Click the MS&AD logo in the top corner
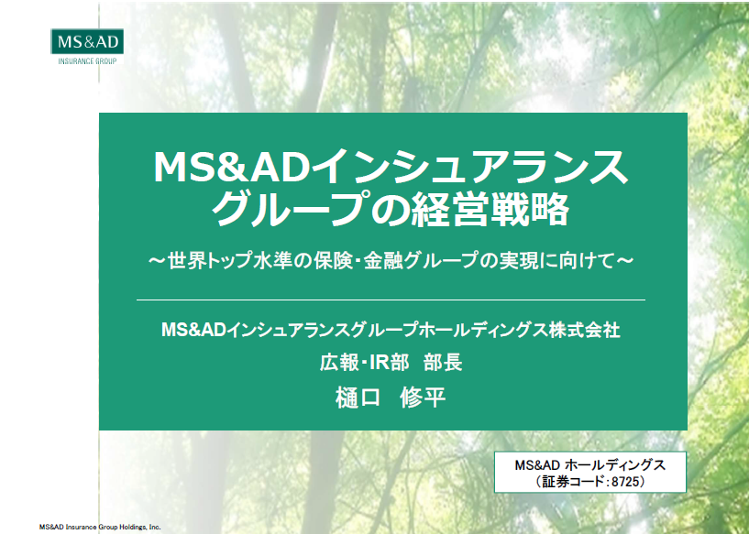click(87, 41)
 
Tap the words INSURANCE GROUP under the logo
click(87, 61)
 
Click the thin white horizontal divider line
click(391, 300)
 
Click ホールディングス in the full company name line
click(483, 330)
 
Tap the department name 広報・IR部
click(365, 363)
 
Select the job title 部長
click(443, 363)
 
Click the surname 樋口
click(358, 398)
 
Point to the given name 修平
click(424, 398)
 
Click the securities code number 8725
click(625, 482)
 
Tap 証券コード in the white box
click(573, 482)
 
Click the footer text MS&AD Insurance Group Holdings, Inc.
click(100, 528)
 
